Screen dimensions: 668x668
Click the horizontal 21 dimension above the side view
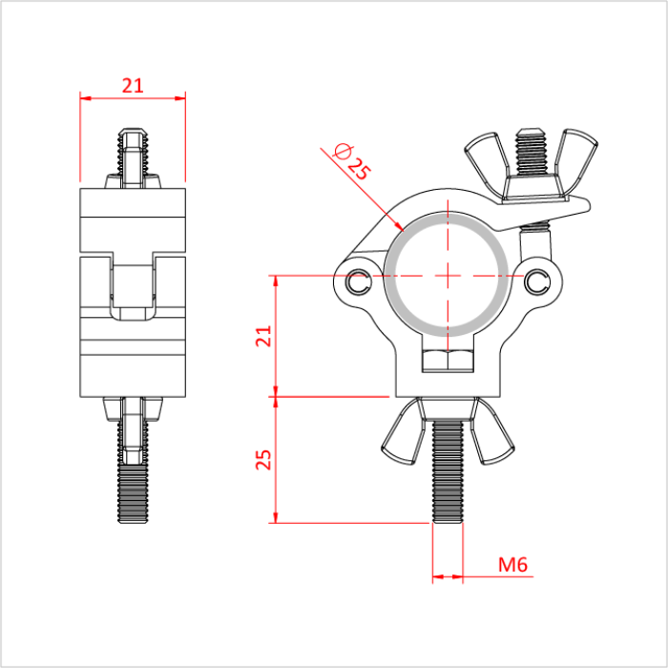click(x=133, y=85)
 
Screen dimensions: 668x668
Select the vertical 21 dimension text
click(x=264, y=336)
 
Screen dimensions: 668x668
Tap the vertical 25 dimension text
click(x=264, y=459)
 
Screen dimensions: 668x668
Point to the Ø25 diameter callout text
click(x=350, y=162)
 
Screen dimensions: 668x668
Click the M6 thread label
click(x=513, y=564)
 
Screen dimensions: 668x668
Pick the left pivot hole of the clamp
click(x=359, y=282)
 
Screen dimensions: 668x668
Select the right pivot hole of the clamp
click(x=537, y=280)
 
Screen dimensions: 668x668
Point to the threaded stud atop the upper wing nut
click(x=532, y=150)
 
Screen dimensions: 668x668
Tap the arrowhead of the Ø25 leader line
click(x=402, y=228)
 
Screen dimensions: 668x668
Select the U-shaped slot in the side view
click(x=133, y=291)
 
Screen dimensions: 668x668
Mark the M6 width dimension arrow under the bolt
click(x=448, y=576)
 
